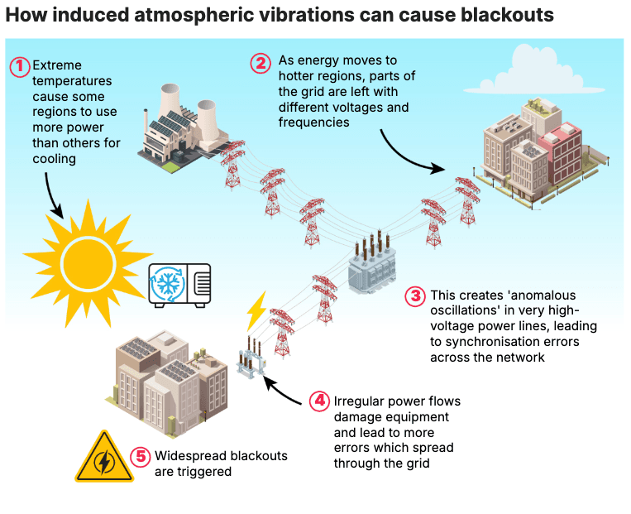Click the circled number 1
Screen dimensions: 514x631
[x=19, y=65]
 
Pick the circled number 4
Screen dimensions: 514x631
[x=319, y=401]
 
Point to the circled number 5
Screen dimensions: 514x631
[x=141, y=457]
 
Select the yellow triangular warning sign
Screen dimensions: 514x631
[x=103, y=458]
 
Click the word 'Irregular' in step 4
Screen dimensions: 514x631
[x=360, y=401]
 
